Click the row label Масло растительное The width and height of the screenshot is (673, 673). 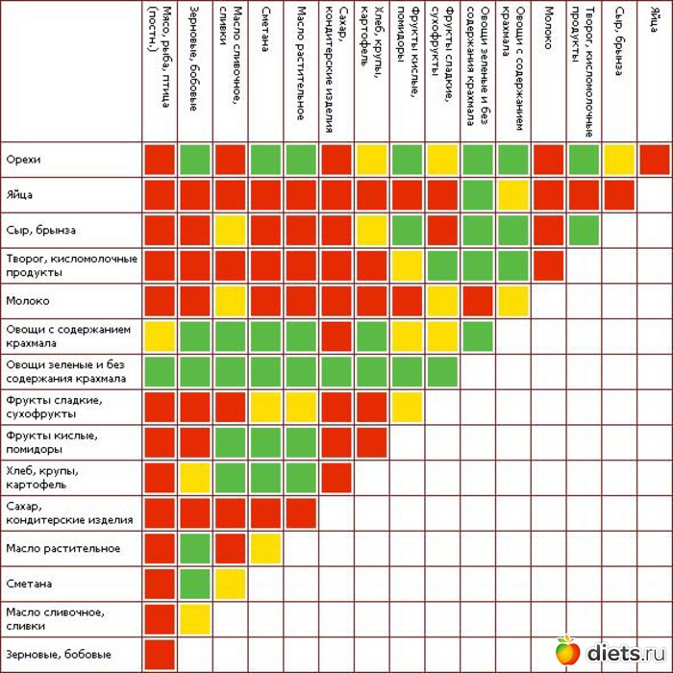[x=62, y=548]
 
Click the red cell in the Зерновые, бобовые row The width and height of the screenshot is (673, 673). [x=159, y=654]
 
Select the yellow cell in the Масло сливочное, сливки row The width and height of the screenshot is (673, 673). [x=194, y=618]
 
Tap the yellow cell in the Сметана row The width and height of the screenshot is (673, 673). [x=230, y=584]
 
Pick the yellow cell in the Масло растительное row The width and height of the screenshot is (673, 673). [x=265, y=548]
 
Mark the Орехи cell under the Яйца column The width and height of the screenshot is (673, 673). [x=654, y=159]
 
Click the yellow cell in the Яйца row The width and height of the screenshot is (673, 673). [x=512, y=194]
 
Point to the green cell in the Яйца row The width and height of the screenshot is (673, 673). [x=477, y=194]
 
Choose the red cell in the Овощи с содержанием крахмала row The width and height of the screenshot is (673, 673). [x=336, y=336]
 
